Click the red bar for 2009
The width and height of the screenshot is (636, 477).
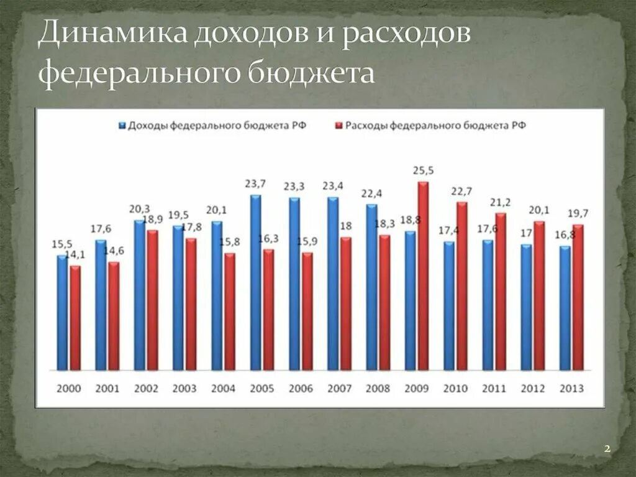[423, 276]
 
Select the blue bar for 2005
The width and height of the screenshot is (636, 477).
[255, 283]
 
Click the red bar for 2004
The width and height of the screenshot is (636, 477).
[230, 312]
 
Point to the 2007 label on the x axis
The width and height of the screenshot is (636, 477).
[339, 389]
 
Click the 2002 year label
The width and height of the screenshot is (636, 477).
[146, 389]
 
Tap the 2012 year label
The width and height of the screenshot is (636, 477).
[533, 389]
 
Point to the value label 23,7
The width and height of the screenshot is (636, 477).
[255, 183]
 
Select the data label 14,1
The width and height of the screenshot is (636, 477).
[78, 254]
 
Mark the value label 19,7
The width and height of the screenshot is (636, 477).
[578, 213]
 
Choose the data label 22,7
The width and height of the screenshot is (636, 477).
[461, 190]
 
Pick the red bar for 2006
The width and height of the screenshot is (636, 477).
[307, 311]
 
